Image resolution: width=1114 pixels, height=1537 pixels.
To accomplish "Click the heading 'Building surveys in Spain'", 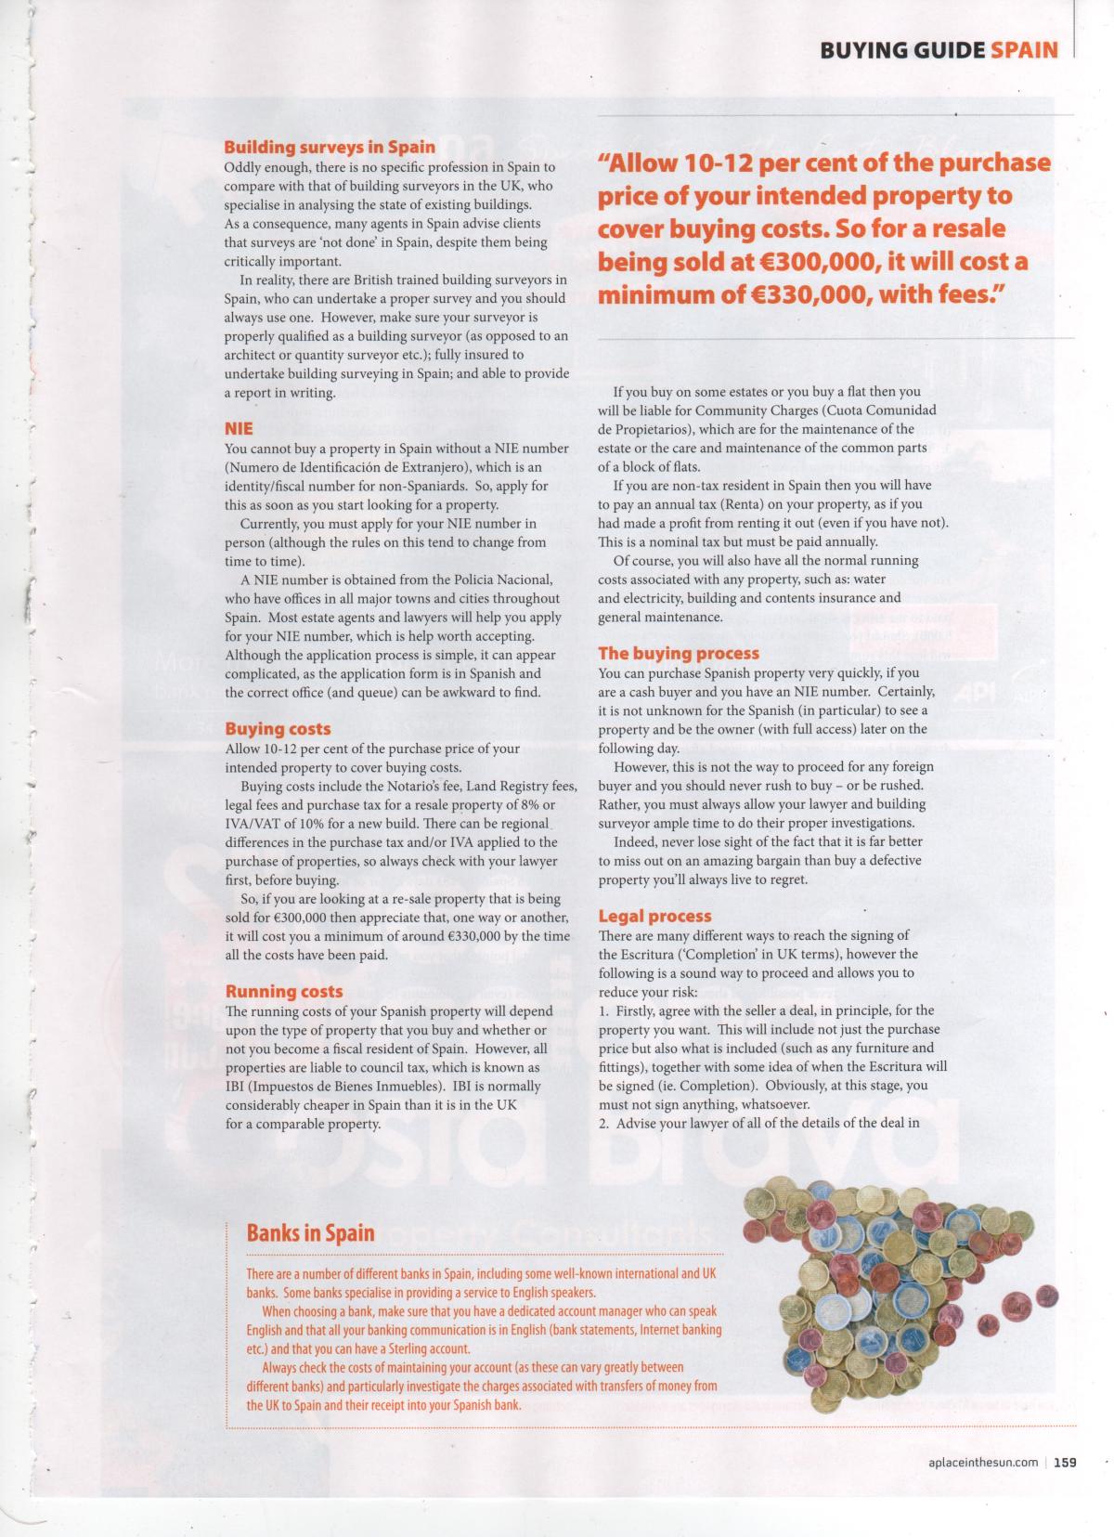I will point(330,147).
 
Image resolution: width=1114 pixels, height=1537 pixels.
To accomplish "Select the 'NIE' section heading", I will point(239,429).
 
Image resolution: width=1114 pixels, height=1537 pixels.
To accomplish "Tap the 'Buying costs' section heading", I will point(278,729).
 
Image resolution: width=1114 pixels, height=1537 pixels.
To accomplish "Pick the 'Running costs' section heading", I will point(284,991).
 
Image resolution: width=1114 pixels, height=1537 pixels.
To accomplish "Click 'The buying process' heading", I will point(679,653).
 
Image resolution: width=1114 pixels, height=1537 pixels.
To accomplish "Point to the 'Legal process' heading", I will point(654,916).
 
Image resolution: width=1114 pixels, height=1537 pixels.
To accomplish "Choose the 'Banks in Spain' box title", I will point(310,1233).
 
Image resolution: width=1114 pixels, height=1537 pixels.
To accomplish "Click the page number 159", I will point(1065,1463).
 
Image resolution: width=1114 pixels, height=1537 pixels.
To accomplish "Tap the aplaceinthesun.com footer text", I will point(982,1464).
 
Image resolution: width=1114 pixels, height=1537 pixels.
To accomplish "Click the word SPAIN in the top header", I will point(1024,50).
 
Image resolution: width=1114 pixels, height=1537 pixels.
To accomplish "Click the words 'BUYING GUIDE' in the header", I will point(901,50).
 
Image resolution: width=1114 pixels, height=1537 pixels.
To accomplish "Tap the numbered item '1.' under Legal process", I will point(604,1010).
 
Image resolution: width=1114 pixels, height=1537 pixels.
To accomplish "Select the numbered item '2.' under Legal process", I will point(604,1123).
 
